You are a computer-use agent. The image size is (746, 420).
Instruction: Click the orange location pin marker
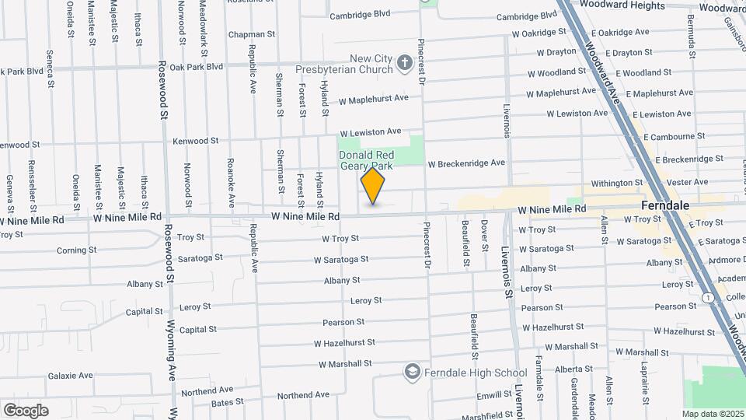373,187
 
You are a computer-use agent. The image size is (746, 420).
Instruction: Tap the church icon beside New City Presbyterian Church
404,63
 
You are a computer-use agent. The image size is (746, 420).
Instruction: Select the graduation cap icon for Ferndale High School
411,373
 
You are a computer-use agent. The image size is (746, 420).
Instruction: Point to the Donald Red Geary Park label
366,160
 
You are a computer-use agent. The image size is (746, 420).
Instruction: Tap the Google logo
25,410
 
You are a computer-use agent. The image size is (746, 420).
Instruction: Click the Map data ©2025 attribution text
713,414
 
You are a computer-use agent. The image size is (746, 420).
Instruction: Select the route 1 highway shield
707,298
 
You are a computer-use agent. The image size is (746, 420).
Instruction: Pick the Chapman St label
252,34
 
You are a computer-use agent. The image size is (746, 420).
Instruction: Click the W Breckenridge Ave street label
466,163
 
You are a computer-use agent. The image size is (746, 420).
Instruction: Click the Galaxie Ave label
70,376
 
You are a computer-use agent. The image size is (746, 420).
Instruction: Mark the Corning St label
76,250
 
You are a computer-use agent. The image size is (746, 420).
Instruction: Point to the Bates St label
227,403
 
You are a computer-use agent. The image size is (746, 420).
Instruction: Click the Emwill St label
495,395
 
